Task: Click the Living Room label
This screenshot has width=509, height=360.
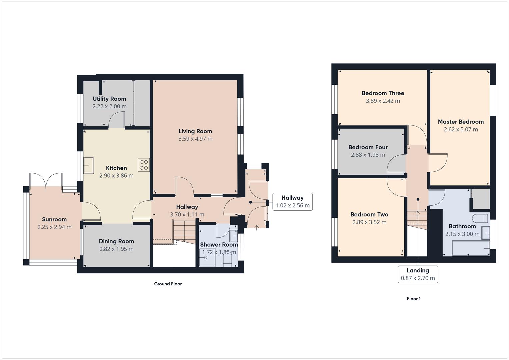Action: pyautogui.click(x=195, y=131)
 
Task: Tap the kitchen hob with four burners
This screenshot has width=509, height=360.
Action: pyautogui.click(x=144, y=165)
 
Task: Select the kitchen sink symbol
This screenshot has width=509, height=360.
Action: pyautogui.click(x=89, y=165)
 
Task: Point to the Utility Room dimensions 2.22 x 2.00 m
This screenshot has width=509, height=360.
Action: pyautogui.click(x=109, y=106)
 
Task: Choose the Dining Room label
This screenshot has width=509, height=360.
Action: pyautogui.click(x=116, y=241)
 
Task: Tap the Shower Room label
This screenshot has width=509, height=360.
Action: pyautogui.click(x=219, y=245)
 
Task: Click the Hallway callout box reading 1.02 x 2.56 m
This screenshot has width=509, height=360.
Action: pyautogui.click(x=292, y=202)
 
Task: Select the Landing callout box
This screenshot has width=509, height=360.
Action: pyautogui.click(x=418, y=274)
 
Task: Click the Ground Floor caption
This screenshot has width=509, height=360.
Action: pyautogui.click(x=168, y=284)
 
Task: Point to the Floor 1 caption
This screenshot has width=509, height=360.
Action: pyautogui.click(x=413, y=299)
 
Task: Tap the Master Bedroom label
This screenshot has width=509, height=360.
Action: pyautogui.click(x=461, y=122)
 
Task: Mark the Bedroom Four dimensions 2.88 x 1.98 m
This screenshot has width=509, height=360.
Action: pyautogui.click(x=368, y=155)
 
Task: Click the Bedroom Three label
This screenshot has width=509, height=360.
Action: pyautogui.click(x=383, y=93)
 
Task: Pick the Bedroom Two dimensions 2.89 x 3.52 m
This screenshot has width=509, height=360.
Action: pyautogui.click(x=369, y=222)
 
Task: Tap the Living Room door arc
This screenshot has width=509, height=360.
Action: pyautogui.click(x=184, y=185)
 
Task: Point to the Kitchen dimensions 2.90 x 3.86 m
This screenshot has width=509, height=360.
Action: pyautogui.click(x=116, y=175)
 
